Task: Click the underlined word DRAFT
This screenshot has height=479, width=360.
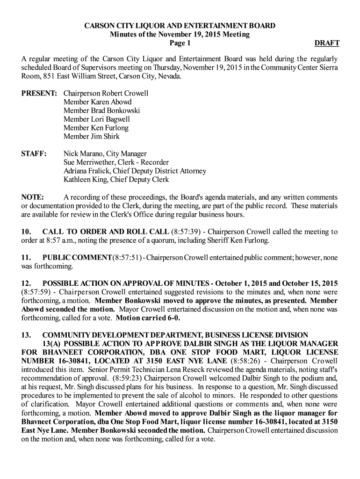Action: point(327,44)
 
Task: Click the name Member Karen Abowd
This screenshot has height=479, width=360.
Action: point(97,102)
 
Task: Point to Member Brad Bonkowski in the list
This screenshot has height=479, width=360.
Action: point(101,110)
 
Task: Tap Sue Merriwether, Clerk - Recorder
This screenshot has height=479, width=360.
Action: point(116,162)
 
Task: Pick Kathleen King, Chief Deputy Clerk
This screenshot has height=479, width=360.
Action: point(116,180)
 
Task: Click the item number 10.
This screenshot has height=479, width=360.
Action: point(26,232)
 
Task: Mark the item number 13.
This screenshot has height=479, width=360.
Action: point(26,335)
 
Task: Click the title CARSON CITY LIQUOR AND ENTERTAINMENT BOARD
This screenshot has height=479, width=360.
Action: point(180,26)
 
